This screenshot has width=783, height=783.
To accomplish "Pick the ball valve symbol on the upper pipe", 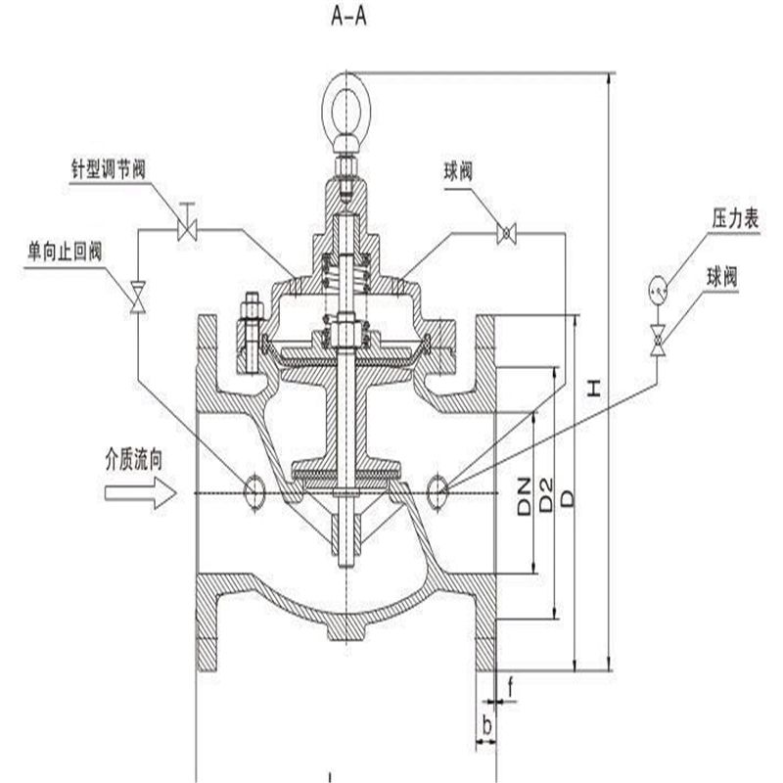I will [507, 232].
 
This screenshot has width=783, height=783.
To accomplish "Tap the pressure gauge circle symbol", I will [659, 290].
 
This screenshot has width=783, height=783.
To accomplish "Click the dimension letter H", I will [594, 389].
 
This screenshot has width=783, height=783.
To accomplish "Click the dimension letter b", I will [486, 726].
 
